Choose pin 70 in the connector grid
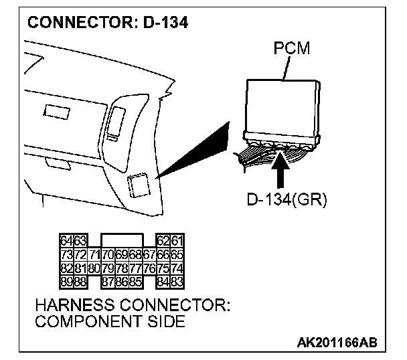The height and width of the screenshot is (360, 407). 108,254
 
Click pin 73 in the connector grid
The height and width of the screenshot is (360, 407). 66,254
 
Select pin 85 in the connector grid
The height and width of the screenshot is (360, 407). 135,282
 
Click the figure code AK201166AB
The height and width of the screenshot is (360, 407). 337,343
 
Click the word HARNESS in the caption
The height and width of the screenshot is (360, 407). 71,306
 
